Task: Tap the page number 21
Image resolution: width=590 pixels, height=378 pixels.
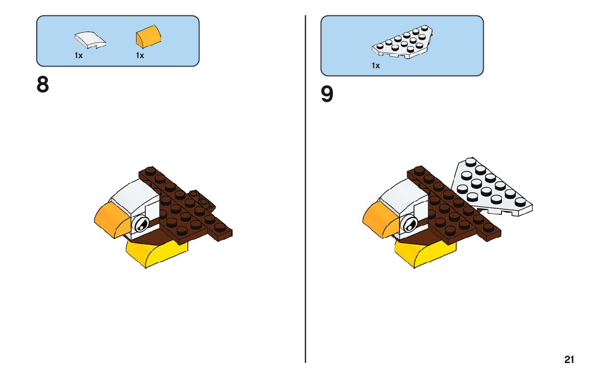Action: [569, 360]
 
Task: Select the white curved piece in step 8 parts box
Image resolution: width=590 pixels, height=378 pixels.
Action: [89, 39]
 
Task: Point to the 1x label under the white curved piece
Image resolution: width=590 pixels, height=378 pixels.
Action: [78, 55]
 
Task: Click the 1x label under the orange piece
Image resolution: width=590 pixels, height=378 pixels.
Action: [140, 55]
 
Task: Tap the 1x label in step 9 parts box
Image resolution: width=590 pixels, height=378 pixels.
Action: [376, 66]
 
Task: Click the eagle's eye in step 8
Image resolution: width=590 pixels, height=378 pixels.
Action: [140, 225]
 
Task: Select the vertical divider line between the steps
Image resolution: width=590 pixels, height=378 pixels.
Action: [306, 213]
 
